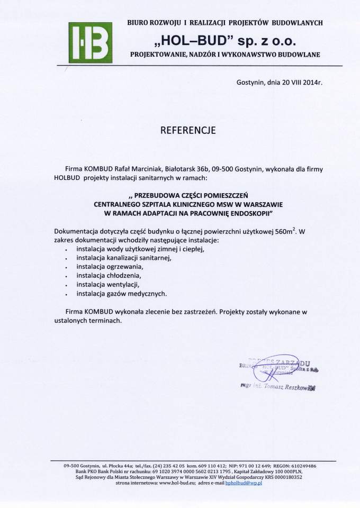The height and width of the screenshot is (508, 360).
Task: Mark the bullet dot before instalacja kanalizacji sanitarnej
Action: (66, 259)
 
